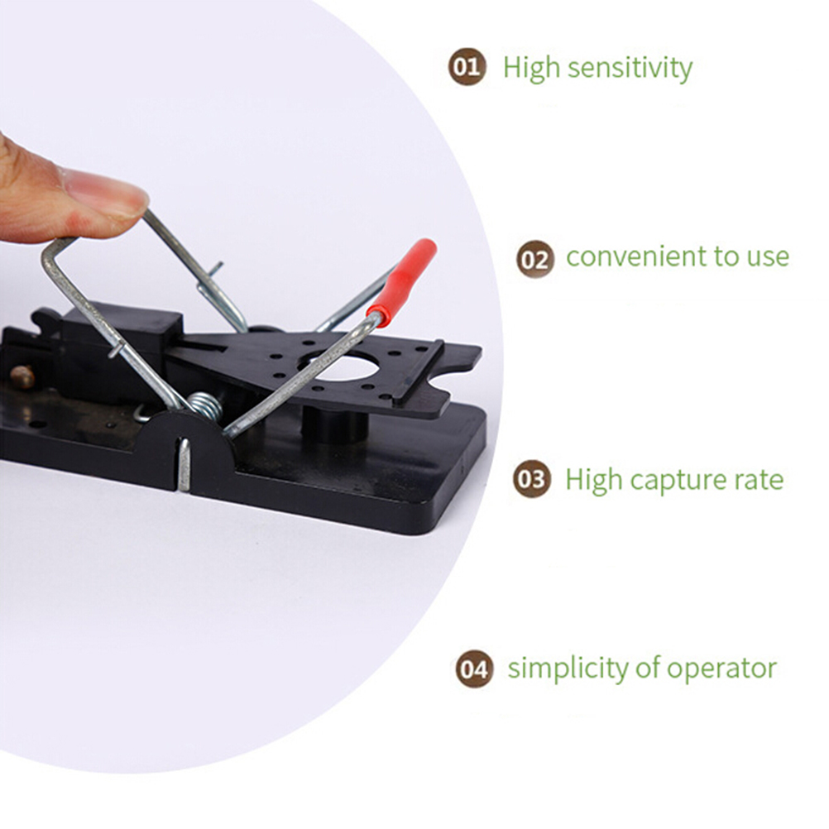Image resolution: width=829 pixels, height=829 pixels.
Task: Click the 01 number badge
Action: tap(467, 67)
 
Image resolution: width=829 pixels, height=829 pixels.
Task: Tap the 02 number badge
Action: tap(535, 259)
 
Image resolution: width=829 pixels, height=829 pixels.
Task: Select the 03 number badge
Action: tap(531, 478)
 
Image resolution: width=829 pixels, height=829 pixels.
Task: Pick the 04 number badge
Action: tap(474, 668)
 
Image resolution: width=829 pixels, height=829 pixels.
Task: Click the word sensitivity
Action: tap(630, 68)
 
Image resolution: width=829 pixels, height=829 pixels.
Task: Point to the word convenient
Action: tap(636, 257)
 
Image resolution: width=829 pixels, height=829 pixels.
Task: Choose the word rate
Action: tap(759, 480)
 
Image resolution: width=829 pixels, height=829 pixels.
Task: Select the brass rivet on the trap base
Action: tap(22, 376)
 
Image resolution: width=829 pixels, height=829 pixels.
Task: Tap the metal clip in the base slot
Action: tap(184, 465)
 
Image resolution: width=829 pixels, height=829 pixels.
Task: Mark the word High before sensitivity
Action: tap(530, 68)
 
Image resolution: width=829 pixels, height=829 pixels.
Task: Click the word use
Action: tap(768, 257)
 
